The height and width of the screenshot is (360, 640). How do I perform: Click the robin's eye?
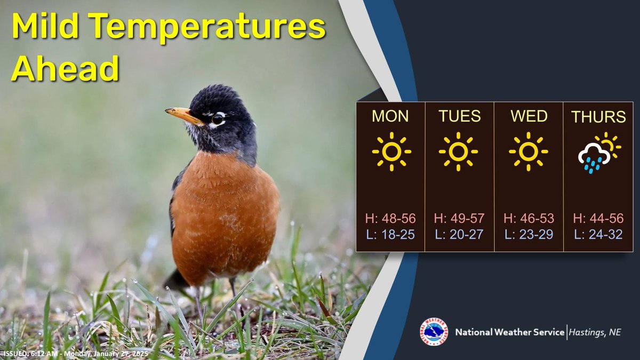click(x=218, y=118)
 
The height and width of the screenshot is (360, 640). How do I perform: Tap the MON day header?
click(x=390, y=116)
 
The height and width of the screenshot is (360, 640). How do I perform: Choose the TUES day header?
click(x=459, y=116)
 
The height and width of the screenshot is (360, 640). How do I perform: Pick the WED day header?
click(x=528, y=116)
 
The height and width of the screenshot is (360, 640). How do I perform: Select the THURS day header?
click(x=598, y=117)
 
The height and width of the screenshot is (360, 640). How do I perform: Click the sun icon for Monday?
click(x=391, y=151)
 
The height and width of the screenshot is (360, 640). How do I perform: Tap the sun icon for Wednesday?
click(x=528, y=151)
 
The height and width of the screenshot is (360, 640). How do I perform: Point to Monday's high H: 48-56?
click(x=390, y=219)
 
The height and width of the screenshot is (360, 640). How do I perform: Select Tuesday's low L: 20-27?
click(x=459, y=234)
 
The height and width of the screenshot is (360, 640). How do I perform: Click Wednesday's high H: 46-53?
click(x=529, y=219)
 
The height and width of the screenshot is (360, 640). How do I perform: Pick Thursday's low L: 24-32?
click(x=598, y=234)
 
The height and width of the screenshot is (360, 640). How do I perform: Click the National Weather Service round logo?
click(x=434, y=332)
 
